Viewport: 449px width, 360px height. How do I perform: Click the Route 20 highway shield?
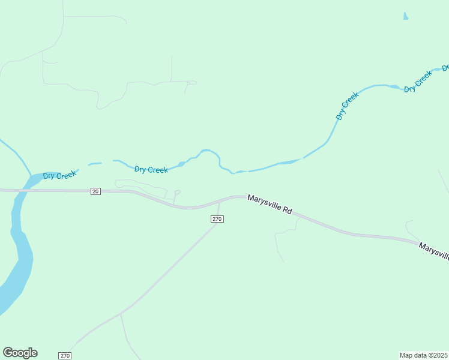tap(95, 191)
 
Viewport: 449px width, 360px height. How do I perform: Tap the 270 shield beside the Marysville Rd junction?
tap(217, 219)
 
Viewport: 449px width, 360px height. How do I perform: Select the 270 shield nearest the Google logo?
tap(65, 356)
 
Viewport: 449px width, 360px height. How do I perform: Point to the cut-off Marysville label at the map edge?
tap(434, 251)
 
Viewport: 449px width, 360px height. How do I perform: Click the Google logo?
tap(20, 353)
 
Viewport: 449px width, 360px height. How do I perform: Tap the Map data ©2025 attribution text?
tap(424, 355)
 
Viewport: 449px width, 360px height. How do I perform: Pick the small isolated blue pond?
tap(406, 16)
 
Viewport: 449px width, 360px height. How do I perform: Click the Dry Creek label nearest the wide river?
tap(59, 175)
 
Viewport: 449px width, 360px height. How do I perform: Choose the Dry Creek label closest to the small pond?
tap(418, 82)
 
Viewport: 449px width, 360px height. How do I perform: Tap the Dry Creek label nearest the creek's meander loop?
tap(151, 170)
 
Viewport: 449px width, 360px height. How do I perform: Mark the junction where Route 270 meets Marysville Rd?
tap(219, 202)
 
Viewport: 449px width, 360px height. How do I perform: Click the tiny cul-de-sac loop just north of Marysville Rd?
tap(177, 192)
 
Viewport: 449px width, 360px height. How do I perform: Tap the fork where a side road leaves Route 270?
tap(121, 313)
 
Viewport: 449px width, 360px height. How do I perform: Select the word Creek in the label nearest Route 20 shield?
tap(67, 175)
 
